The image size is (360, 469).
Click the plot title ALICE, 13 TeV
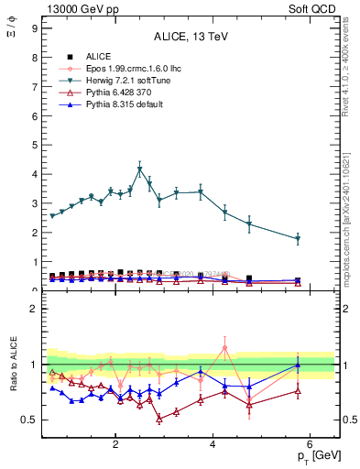[191, 37]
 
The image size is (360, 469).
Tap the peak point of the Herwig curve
[140, 169]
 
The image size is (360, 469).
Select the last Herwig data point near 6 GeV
[298, 239]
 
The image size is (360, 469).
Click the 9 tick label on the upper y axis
[34, 28]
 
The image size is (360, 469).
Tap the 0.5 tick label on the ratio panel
[29, 420]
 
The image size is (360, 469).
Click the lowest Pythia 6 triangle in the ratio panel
[159, 419]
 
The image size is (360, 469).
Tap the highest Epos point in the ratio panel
[224, 347]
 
